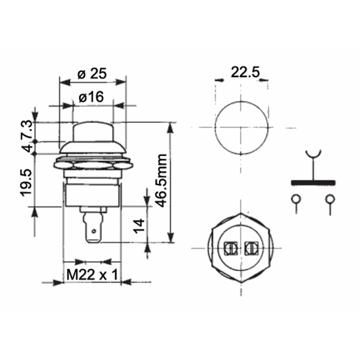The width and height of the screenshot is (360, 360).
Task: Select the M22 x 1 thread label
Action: coord(92,274)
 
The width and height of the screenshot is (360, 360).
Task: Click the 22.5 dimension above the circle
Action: coord(245,72)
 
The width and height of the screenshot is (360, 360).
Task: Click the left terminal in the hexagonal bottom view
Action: coord(231,247)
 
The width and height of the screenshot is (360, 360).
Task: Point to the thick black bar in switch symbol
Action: coord(313,182)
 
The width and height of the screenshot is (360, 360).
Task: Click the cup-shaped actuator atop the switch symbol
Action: coord(313,154)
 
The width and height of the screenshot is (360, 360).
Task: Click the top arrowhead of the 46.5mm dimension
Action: coord(170,128)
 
